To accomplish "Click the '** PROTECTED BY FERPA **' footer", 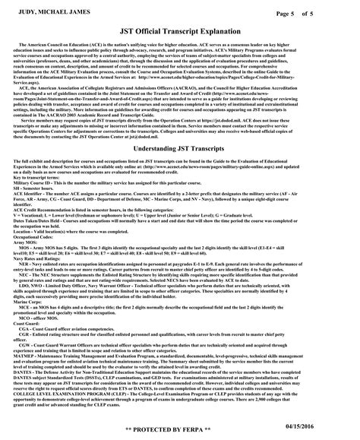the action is [x=180, y=430].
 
